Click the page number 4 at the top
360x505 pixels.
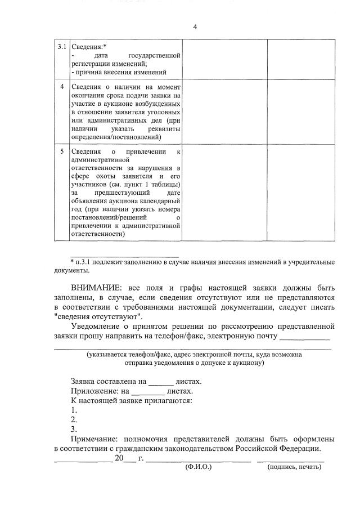click(x=195, y=27)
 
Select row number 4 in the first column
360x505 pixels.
click(x=62, y=87)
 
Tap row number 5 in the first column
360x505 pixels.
click(x=62, y=152)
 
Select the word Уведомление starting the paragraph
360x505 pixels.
click(x=98, y=327)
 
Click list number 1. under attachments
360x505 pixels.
click(x=74, y=410)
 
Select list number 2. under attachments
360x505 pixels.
click(x=74, y=420)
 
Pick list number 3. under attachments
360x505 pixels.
click(x=74, y=430)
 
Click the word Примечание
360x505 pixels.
click(x=96, y=439)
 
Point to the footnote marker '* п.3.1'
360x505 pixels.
click(x=81, y=262)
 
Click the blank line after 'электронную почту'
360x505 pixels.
click(x=304, y=338)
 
